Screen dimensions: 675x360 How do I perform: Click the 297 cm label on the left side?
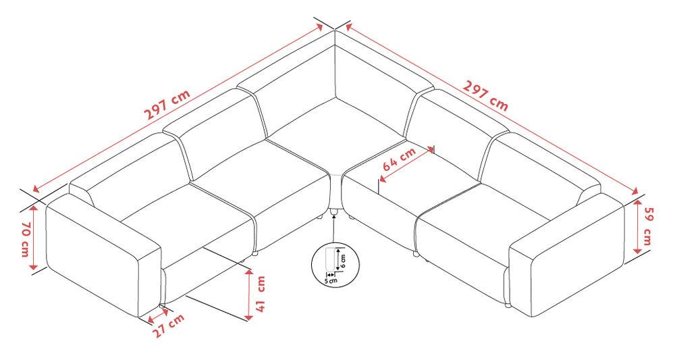(167, 105)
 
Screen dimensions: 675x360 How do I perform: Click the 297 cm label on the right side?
(485, 95)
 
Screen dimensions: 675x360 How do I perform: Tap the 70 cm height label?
(26, 239)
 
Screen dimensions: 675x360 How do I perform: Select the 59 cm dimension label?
(647, 227)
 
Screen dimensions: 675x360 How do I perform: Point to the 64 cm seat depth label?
(399, 159)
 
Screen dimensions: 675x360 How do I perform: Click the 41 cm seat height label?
(261, 294)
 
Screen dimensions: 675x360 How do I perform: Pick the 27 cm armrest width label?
(169, 326)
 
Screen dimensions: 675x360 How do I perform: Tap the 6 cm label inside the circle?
(343, 261)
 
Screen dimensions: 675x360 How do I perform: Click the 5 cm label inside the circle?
(331, 281)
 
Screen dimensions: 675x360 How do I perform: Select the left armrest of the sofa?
(103, 255)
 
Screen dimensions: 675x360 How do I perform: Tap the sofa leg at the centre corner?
(333, 211)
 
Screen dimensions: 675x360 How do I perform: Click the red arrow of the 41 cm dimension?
(248, 295)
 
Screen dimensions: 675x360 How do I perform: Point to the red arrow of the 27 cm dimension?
(156, 315)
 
